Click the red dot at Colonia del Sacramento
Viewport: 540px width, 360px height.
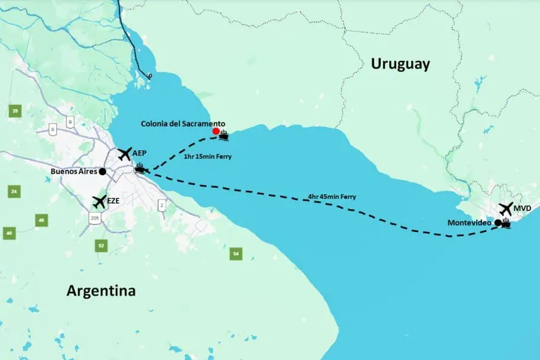click(216, 131)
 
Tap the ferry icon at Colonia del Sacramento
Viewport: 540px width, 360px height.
click(224, 136)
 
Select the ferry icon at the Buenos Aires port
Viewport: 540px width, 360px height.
click(140, 168)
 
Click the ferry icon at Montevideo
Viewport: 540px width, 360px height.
click(506, 224)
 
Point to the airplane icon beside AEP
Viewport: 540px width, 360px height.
click(124, 154)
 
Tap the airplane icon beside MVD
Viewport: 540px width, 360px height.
click(505, 209)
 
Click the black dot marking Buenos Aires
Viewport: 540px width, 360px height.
click(102, 171)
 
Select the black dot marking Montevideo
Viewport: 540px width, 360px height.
click(498, 223)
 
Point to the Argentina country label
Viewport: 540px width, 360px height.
click(101, 291)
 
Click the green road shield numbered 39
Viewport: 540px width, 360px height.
click(15, 111)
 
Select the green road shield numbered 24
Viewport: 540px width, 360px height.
click(14, 191)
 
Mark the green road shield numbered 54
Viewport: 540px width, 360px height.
click(236, 254)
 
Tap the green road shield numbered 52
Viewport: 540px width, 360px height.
click(101, 245)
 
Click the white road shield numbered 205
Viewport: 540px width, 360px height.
click(95, 218)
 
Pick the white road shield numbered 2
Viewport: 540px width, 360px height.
click(161, 205)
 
